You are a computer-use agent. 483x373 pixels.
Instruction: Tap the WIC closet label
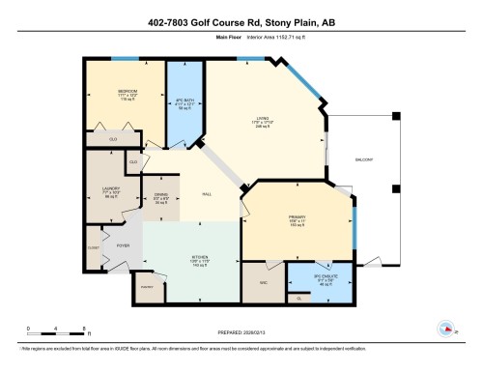(263, 282)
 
